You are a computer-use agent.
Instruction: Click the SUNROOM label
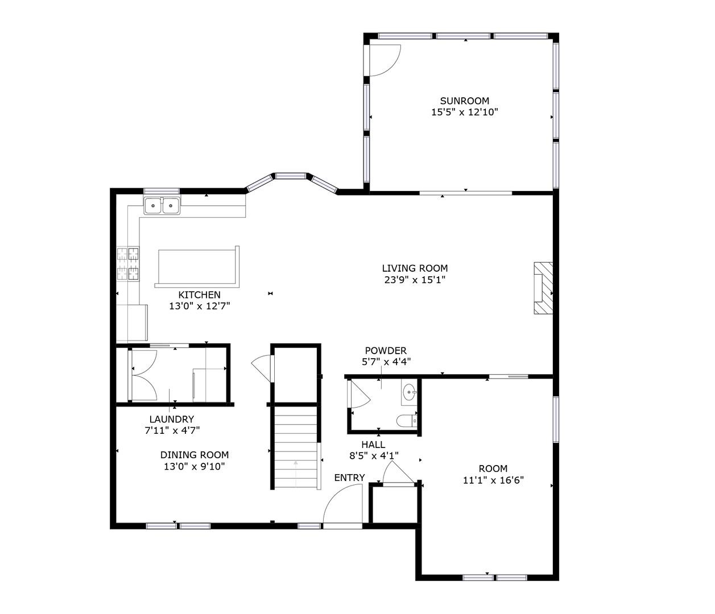pyautogui.click(x=464, y=101)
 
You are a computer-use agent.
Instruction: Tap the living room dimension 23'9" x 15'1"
pyautogui.click(x=415, y=280)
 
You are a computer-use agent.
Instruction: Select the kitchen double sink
pyautogui.click(x=162, y=206)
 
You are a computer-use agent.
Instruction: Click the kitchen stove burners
pyautogui.click(x=128, y=264)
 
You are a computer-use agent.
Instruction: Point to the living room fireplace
pyautogui.click(x=543, y=288)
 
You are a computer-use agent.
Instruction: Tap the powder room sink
pyautogui.click(x=409, y=392)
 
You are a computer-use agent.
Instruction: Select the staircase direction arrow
pyautogui.click(x=296, y=473)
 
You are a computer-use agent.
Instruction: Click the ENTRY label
pyautogui.click(x=349, y=478)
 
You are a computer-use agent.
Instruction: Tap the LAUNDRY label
pyautogui.click(x=172, y=419)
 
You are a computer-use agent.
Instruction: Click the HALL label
pyautogui.click(x=373, y=444)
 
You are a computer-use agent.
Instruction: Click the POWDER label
pyautogui.click(x=386, y=351)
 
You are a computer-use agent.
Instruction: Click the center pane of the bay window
pyautogui.click(x=291, y=176)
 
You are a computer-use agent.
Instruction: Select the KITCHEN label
pyautogui.click(x=199, y=295)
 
